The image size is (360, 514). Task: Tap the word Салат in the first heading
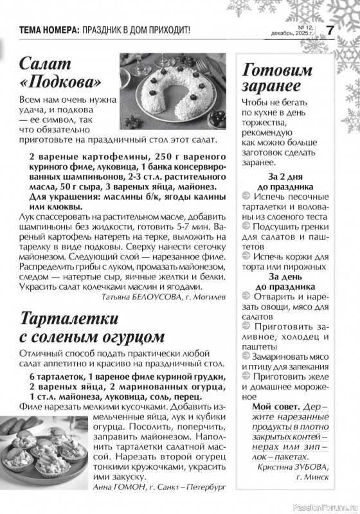pyautogui.click(x=48, y=62)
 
